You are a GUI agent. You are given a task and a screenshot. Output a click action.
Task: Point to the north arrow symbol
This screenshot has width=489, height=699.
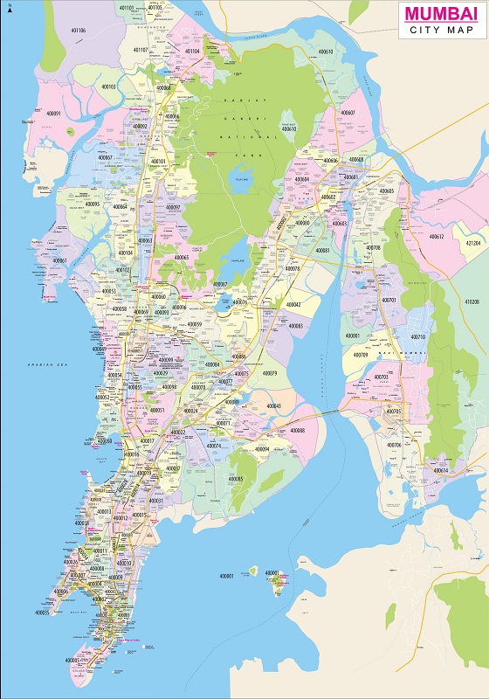point(9,9)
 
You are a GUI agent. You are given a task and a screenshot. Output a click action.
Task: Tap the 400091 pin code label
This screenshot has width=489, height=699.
point(53,114)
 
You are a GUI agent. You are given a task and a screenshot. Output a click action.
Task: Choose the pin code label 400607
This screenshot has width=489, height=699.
point(348,113)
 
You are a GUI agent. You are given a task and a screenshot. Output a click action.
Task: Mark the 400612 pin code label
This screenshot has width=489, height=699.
point(436,236)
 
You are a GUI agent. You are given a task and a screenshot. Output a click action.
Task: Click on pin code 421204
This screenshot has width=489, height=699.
point(473,243)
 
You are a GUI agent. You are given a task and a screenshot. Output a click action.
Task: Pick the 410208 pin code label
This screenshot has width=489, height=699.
point(471,301)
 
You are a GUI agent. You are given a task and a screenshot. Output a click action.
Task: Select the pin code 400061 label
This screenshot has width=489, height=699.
point(59,260)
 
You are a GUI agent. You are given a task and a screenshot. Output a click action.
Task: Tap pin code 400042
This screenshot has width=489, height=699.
point(293,304)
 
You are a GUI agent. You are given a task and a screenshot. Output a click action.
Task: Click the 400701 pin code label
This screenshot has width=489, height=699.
point(389,300)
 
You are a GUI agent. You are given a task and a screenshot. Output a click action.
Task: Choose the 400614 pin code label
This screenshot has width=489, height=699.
point(439,470)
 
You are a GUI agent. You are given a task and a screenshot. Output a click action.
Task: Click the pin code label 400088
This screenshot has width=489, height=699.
point(298,430)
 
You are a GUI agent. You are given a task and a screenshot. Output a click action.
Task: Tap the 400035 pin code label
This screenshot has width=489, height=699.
point(41,612)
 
